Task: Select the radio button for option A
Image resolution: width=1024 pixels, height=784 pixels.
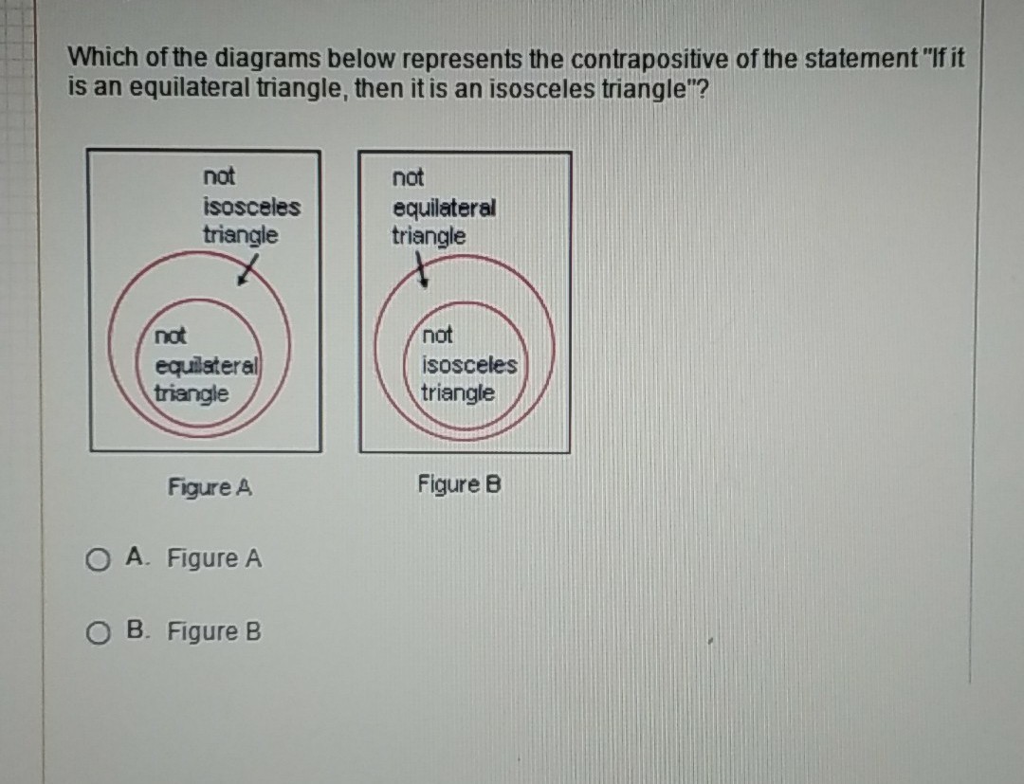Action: [x=97, y=559]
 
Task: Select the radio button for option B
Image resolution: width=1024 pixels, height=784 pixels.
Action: [x=97, y=633]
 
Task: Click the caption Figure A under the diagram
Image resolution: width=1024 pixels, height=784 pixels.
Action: [x=210, y=487]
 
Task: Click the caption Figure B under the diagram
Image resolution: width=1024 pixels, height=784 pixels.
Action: [x=459, y=485]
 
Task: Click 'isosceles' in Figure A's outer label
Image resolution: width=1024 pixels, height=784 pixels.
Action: [x=250, y=206]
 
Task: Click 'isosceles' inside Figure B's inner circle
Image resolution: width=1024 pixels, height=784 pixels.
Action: [x=469, y=365]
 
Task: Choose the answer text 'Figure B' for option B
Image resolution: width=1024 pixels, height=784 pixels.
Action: [x=213, y=632]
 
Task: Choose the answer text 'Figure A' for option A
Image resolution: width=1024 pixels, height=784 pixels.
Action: [x=213, y=558]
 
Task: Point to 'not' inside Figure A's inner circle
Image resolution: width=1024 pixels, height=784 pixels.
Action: [x=171, y=337]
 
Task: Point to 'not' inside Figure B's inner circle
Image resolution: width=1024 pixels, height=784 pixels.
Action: [x=437, y=335]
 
